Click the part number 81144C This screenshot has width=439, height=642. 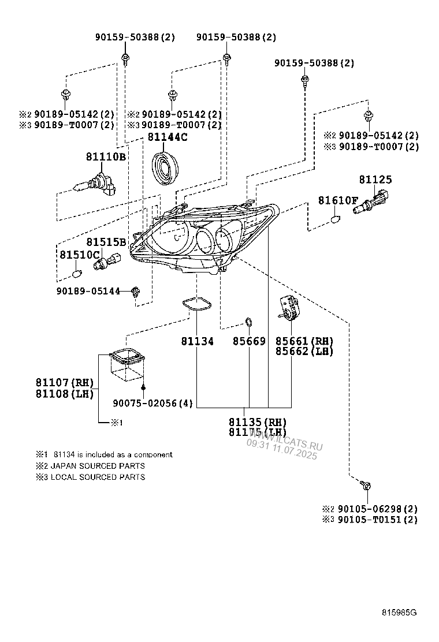(x=168, y=137)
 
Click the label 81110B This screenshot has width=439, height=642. (x=106, y=156)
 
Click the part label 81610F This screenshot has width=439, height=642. (x=338, y=200)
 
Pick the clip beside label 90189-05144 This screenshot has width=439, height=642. (x=136, y=292)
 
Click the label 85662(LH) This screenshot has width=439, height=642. (x=304, y=351)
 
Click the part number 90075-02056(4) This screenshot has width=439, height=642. (x=153, y=404)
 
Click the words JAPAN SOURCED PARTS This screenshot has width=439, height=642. (x=98, y=465)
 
